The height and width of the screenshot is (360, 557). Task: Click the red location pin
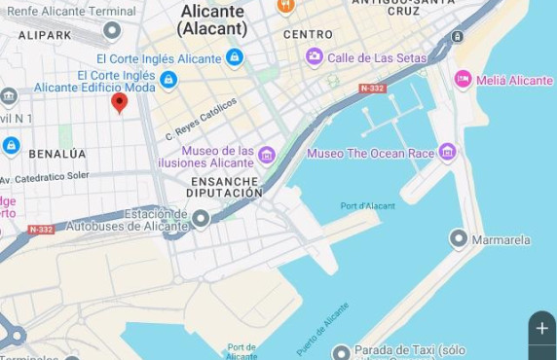(119, 102)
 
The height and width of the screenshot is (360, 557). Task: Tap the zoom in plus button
(541, 329)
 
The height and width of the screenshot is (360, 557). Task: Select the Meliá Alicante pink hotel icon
(463, 80)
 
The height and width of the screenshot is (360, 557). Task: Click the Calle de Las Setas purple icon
(315, 57)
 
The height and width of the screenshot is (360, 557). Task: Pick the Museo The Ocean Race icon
(447, 153)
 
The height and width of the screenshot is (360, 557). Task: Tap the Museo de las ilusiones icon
(266, 156)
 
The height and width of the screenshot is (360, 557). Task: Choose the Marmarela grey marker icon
(458, 238)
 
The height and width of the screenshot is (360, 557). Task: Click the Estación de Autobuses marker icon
(201, 219)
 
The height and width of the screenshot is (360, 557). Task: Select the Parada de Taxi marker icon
(340, 351)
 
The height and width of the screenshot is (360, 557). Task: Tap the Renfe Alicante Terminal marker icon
(112, 30)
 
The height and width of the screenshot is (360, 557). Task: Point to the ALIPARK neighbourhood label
(45, 35)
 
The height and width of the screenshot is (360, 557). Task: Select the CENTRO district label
(308, 35)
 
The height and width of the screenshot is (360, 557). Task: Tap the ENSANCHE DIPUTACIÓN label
(226, 187)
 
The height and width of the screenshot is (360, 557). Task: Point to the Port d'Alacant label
(368, 205)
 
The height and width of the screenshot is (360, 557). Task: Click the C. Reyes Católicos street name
(201, 118)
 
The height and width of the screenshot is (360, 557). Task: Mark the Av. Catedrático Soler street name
(45, 177)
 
